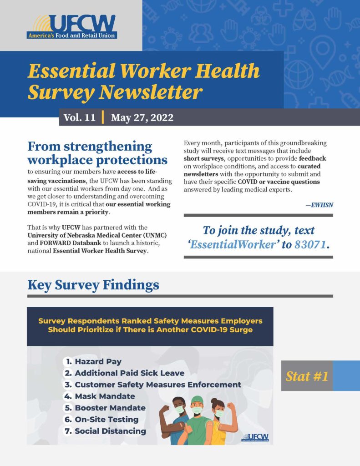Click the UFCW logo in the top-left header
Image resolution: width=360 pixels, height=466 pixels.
(x=72, y=27)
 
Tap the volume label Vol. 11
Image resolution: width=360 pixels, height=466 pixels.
(x=80, y=118)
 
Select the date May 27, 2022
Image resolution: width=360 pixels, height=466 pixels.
(x=142, y=118)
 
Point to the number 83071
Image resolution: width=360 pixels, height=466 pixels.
(x=310, y=244)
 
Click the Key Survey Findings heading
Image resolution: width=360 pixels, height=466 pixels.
(x=93, y=285)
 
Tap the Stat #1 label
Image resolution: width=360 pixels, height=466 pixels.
(x=307, y=376)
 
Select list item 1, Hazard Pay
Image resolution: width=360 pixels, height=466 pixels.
(x=93, y=361)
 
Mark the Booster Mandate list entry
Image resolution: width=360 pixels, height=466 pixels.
(x=105, y=408)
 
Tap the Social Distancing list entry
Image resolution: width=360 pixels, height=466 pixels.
(x=106, y=431)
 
